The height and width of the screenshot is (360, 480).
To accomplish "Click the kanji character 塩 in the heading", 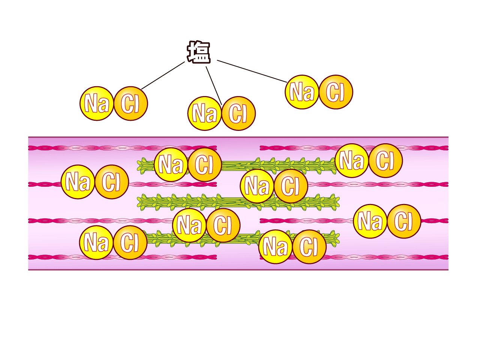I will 199,52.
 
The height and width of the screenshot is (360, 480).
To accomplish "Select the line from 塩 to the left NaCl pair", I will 163,75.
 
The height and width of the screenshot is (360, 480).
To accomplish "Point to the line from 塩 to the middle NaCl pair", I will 214,85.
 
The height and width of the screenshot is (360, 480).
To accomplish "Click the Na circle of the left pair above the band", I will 97,103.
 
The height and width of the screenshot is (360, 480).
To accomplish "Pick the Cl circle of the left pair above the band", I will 130,103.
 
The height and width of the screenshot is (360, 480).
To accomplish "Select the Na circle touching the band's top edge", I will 205,113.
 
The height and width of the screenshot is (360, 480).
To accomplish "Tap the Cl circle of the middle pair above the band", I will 238,113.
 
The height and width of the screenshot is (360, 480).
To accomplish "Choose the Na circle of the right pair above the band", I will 302,92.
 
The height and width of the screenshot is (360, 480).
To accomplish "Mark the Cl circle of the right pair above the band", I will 336,92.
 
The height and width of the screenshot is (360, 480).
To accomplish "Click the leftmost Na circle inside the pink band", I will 78,182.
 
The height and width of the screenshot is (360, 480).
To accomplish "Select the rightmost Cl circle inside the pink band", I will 404,221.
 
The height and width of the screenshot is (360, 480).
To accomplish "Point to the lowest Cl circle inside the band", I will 309,247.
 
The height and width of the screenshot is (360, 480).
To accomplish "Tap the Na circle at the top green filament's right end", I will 352,160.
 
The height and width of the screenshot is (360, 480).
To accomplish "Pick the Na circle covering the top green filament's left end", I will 171,165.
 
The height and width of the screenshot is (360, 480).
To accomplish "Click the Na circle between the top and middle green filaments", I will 257,186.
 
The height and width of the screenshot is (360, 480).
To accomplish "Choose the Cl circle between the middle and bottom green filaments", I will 223,225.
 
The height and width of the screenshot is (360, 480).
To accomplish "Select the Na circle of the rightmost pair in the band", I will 370,221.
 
